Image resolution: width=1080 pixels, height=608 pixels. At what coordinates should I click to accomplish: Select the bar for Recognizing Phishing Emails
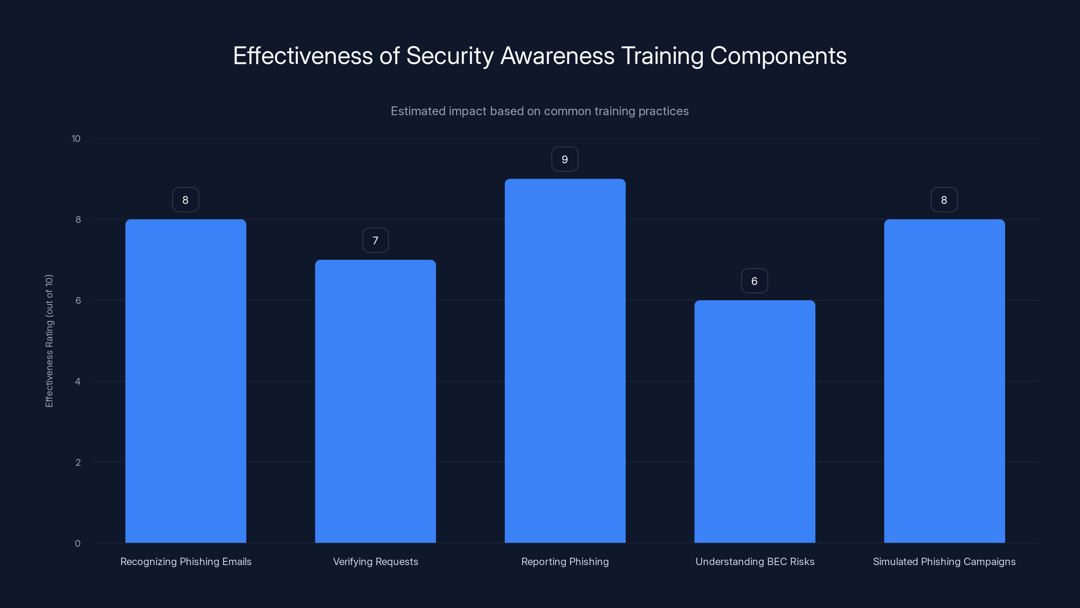coord(185,381)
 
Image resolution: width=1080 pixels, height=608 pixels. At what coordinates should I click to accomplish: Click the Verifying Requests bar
coord(375,401)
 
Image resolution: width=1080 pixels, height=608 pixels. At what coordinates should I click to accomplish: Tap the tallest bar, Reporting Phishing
coord(565,360)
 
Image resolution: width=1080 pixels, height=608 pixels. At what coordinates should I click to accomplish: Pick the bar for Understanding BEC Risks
coord(755,421)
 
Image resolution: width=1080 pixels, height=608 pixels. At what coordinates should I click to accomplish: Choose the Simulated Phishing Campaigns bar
coord(944,381)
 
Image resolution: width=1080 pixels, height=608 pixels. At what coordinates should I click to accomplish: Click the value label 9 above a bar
coord(565,159)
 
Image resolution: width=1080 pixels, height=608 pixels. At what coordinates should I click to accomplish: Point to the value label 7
coord(375,240)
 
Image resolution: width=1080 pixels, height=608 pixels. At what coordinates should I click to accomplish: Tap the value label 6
coord(754,281)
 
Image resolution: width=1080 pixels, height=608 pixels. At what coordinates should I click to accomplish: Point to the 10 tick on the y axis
coord(76,138)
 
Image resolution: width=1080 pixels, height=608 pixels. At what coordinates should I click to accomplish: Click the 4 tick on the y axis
coord(78,381)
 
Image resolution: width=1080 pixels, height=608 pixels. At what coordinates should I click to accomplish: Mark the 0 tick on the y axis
coord(78,543)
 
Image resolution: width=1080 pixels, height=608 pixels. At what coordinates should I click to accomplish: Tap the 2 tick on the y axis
coord(78,462)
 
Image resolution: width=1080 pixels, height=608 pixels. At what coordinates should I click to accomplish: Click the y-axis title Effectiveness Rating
coord(49,341)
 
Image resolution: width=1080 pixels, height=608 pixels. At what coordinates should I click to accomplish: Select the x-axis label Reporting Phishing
coord(565,561)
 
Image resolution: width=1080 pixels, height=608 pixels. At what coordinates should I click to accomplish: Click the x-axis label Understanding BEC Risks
coord(755,561)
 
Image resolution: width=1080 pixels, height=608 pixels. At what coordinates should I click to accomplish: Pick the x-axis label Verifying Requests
coord(375,561)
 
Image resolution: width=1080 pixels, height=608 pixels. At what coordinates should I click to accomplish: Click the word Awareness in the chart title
coord(557,56)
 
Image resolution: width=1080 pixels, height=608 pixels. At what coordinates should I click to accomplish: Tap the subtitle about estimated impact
coord(540,111)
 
